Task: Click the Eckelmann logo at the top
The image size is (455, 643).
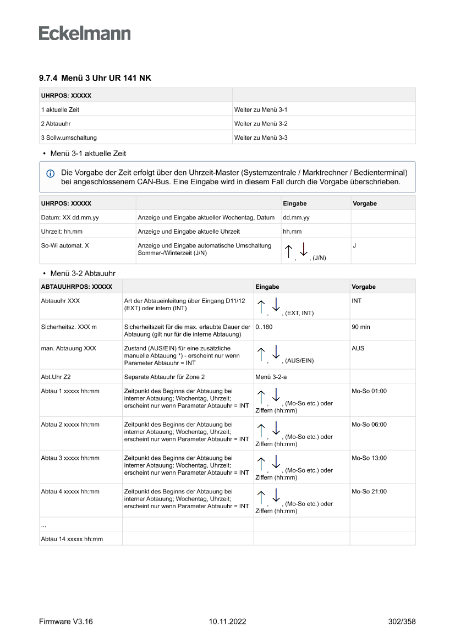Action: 85,33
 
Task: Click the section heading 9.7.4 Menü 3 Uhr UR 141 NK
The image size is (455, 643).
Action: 95,78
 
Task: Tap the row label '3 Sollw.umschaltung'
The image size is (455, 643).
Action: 69,138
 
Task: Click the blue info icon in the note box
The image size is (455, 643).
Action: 51,173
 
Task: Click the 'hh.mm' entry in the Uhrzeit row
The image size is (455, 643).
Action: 292,232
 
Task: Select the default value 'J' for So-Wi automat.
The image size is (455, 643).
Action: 354,246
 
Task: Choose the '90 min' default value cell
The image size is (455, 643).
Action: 361,327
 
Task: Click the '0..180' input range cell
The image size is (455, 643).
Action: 264,327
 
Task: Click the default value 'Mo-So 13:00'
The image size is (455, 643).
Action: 369,458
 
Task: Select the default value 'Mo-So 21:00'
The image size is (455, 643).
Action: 369,492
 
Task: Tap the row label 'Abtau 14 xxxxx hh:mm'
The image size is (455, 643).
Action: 72,539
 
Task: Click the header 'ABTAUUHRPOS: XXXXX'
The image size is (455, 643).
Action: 76,287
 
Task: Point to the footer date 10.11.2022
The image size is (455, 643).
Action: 227,622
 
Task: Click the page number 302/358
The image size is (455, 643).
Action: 402,622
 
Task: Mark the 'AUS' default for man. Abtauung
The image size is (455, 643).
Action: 358,348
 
